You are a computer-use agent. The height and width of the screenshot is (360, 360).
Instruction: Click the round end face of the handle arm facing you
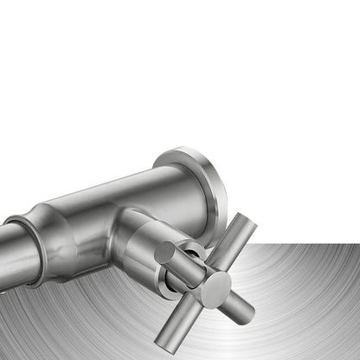coord(165,253)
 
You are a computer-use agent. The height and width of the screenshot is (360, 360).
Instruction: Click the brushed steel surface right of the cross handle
coord(303,286)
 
